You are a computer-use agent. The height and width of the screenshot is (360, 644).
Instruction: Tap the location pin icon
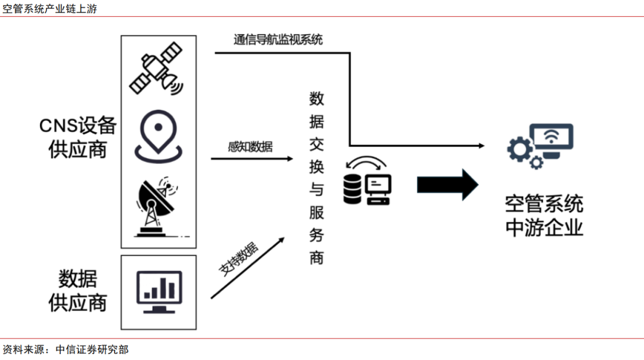(157, 138)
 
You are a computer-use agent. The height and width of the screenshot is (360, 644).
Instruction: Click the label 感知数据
(250, 147)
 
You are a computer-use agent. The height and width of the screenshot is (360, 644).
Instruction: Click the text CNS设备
(78, 126)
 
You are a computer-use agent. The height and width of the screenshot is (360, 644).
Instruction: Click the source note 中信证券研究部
(91, 350)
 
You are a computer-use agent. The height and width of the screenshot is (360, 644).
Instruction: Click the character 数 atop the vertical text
(317, 99)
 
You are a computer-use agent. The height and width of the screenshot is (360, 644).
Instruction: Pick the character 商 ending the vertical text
(317, 257)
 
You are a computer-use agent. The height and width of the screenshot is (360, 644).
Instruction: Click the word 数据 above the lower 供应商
(78, 278)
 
